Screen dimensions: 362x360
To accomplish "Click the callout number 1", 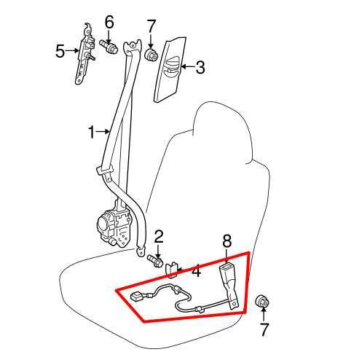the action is pos(92,132).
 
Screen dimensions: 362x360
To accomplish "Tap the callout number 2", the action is pos(159,237).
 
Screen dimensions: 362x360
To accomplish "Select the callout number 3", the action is pos(200,67).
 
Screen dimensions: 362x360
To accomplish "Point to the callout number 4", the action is pos(196,270).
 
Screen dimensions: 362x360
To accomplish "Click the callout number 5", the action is pos(60,51).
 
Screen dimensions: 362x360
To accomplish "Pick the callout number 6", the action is pos(109,22).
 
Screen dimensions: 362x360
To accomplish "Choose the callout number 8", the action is pos(227,240).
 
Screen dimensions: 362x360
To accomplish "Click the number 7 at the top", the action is pos(151,26).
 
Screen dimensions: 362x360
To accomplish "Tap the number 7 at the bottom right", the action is pos(264,329).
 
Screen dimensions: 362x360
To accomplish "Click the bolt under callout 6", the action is pos(109,47).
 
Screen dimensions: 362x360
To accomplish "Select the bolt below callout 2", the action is pos(155,261).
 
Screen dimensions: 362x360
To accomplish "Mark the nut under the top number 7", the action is pos(151,55).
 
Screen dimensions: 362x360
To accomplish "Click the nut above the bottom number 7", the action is pos(262,301).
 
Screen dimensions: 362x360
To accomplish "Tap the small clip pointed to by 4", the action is pos(171,270).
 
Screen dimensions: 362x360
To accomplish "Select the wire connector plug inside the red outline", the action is pos(136,297).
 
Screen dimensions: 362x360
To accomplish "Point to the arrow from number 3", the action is pos(188,66).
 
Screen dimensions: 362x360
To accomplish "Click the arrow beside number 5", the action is pos(72,50).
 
